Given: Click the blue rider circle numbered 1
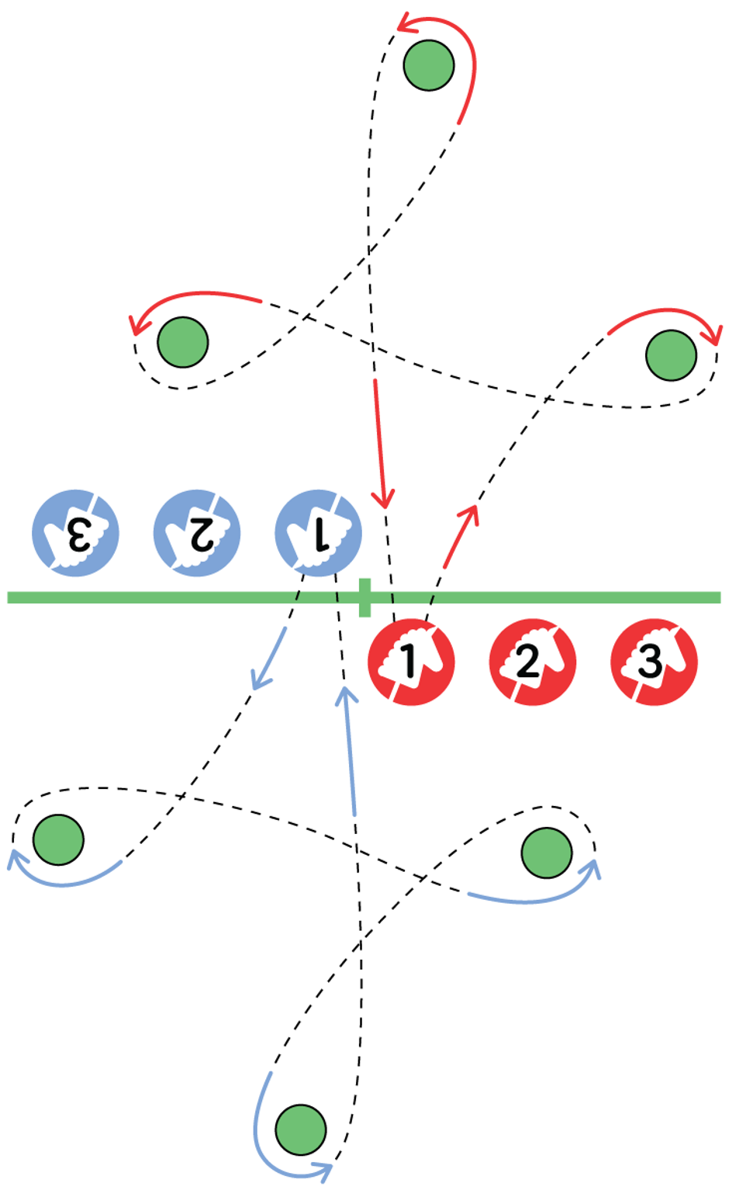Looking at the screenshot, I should pos(318,533).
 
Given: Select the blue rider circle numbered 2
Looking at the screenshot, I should pos(196,533).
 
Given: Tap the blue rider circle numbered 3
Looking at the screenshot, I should pos(75,533).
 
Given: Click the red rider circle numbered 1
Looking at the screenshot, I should pos(410,662).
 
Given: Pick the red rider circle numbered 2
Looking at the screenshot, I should pos(532,662).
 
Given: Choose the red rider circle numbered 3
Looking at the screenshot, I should pos(654,662).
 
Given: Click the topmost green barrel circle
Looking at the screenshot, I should pos(429,66).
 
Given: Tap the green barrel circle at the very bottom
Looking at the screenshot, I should pos(301,1130).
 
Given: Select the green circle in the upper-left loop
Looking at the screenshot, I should pos(183,342).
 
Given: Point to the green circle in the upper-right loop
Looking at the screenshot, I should pos(671,355).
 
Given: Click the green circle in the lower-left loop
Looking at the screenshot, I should pos(59,839).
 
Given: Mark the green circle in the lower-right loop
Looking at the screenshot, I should pos(548,853).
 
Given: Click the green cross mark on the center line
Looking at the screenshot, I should pos(365,597).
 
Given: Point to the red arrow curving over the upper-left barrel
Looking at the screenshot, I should pos(194,299).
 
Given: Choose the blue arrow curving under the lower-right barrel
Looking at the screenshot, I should pos(535,896).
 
